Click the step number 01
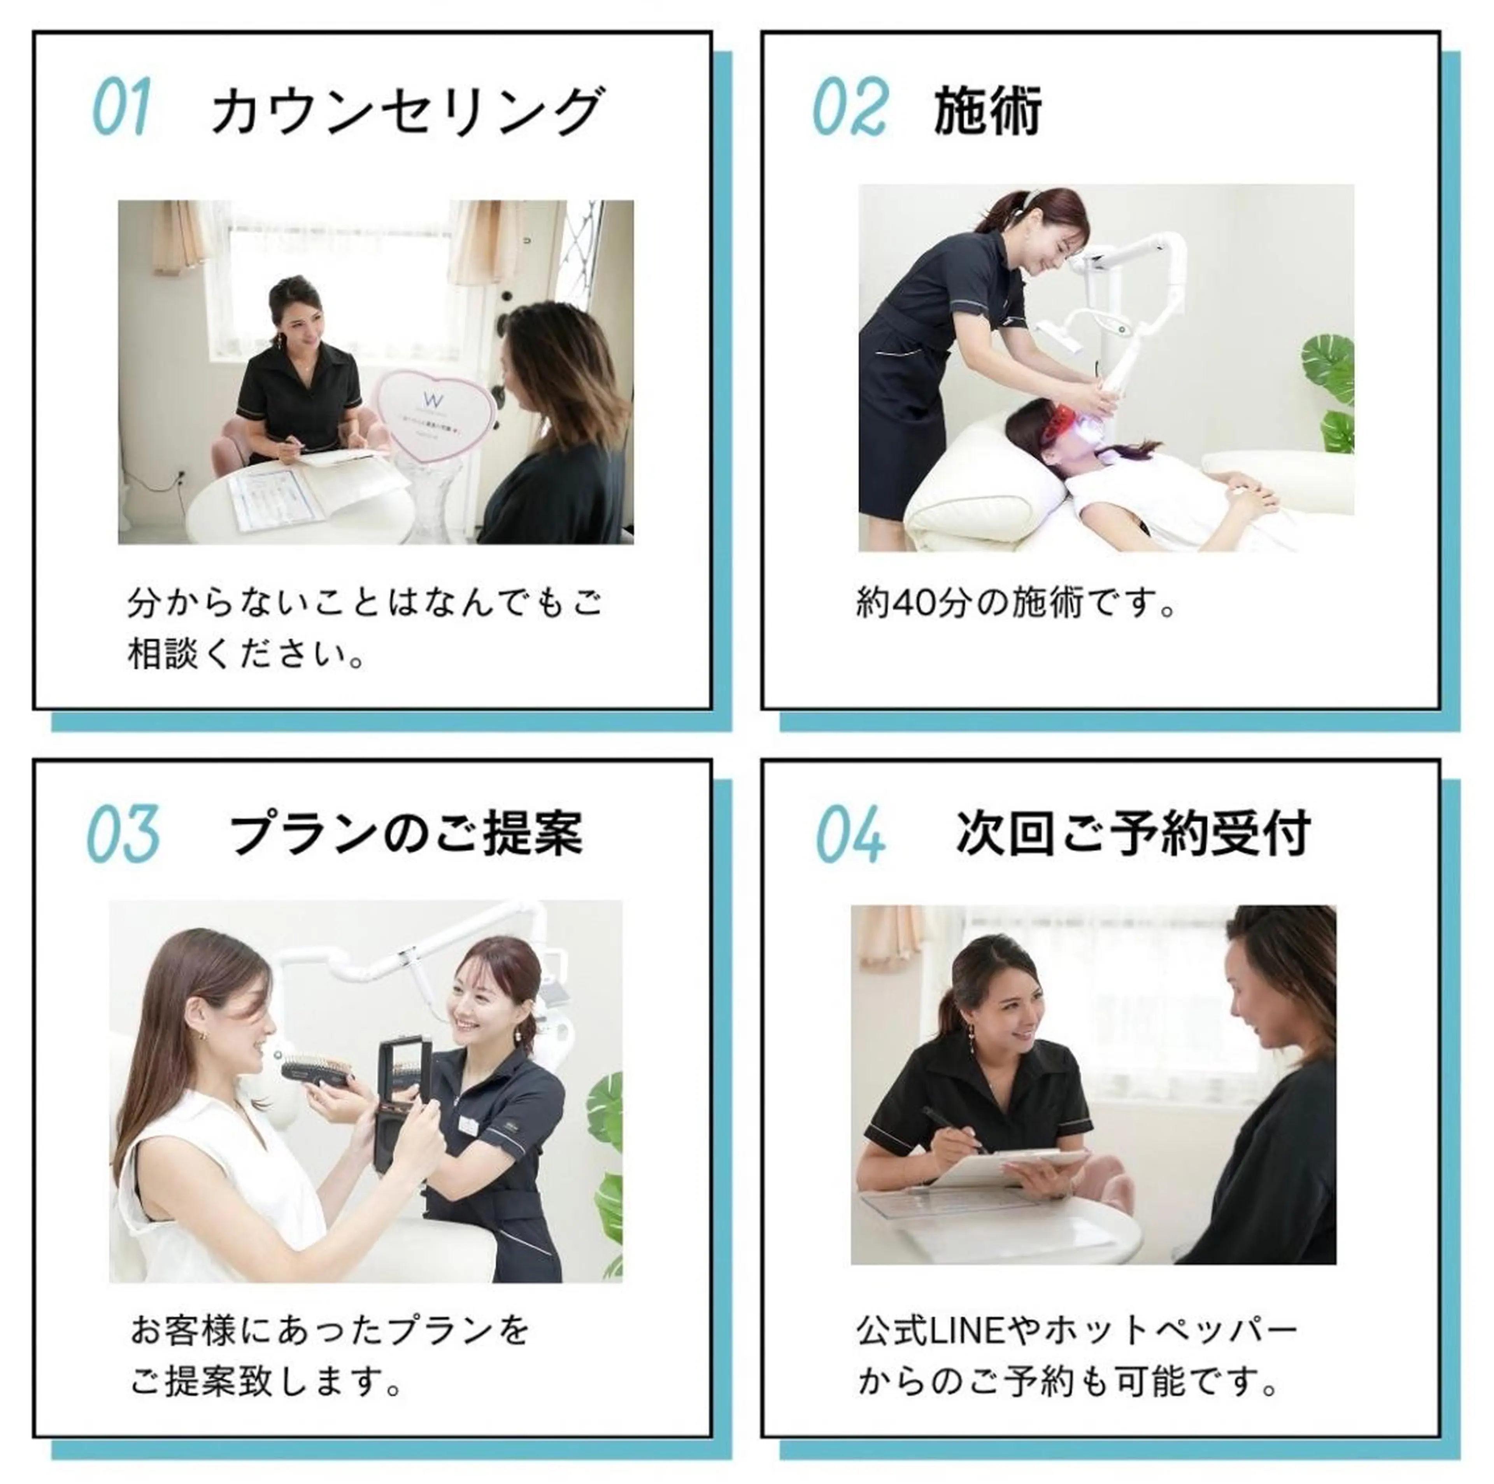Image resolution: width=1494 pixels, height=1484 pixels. point(121,110)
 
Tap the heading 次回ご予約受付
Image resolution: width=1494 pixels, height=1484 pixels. point(1133,835)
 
